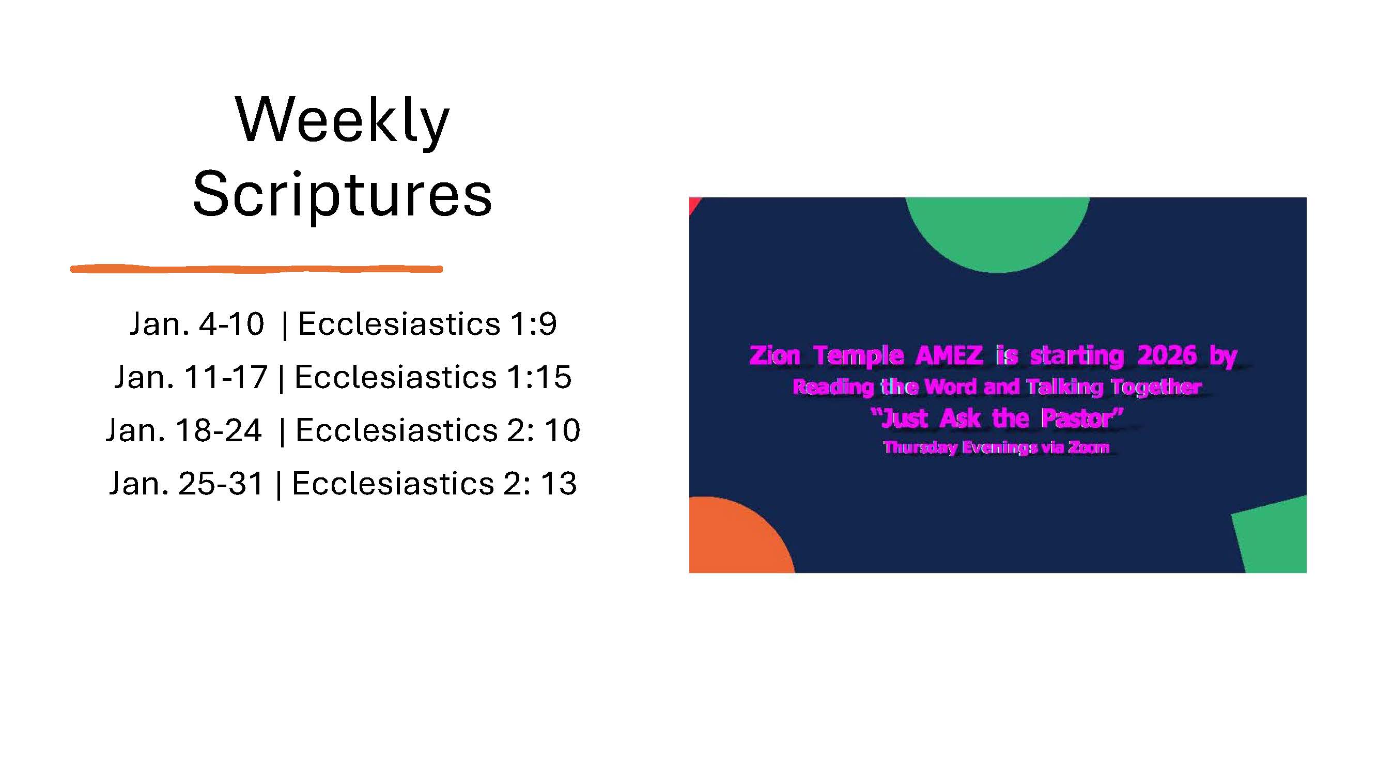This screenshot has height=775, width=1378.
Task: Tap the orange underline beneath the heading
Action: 257,269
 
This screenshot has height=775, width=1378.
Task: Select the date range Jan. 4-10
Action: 197,323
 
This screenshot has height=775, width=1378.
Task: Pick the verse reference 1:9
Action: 533,323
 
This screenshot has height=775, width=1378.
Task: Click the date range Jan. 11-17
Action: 191,377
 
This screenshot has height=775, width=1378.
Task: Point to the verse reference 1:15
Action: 539,377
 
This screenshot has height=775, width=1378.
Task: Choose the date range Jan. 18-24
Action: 183,430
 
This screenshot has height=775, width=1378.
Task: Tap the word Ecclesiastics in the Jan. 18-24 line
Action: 396,430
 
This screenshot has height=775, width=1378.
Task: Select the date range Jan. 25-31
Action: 187,484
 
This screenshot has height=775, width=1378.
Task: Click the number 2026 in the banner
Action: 1167,355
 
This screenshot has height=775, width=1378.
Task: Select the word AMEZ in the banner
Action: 950,355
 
